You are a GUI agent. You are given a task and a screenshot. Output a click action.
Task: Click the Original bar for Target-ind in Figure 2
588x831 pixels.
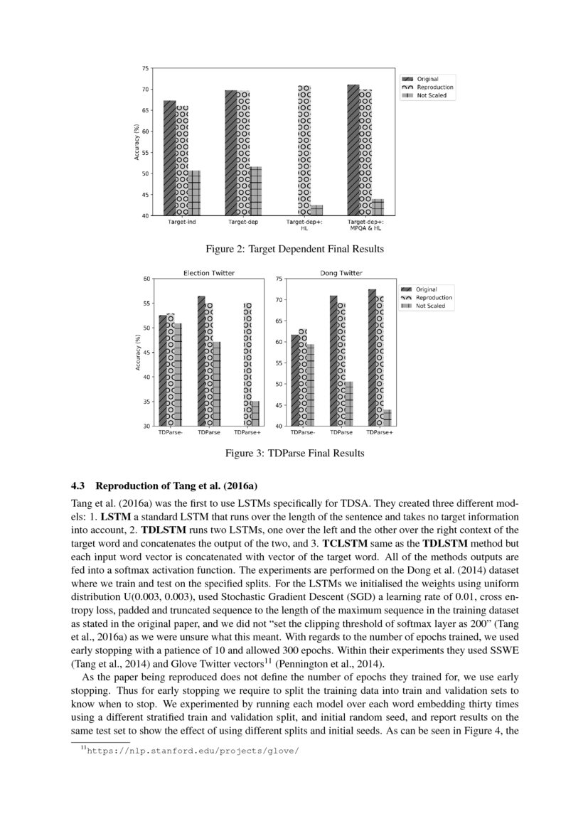point(169,158)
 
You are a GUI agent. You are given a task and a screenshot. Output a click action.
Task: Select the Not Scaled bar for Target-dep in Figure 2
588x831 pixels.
point(255,191)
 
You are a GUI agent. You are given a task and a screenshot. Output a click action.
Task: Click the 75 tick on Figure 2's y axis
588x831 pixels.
point(145,69)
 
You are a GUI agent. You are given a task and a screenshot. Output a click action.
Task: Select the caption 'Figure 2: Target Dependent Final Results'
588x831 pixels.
point(294,249)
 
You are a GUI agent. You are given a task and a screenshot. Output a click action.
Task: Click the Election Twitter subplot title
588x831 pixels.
point(208,273)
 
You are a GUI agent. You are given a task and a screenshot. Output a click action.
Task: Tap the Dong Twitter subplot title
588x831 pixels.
point(341,273)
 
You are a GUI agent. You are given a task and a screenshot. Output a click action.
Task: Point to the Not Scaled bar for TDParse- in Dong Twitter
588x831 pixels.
point(309,385)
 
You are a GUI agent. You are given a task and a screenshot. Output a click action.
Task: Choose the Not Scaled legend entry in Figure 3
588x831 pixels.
point(430,306)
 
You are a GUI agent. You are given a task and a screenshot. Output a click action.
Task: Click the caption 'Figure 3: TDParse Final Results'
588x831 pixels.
point(294,453)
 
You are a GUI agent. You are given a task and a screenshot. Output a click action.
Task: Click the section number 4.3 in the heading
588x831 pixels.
point(77,486)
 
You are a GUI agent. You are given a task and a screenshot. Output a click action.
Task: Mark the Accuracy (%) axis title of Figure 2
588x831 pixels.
point(137,141)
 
